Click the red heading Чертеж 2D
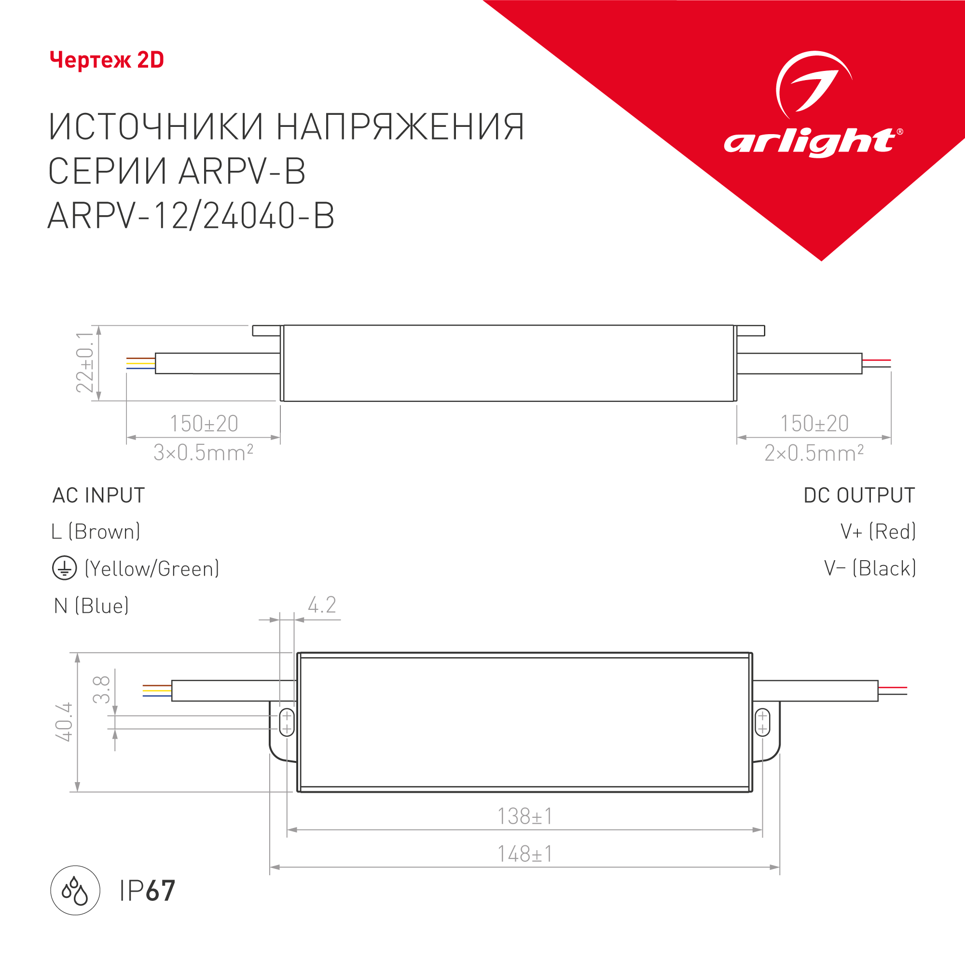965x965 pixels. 107,60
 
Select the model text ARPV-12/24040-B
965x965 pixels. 191,216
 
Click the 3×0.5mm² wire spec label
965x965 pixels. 203,453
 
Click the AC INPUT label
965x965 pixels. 99,496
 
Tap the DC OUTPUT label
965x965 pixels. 859,496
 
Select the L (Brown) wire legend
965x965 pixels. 96,531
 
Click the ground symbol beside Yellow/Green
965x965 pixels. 65,568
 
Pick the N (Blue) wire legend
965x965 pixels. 91,606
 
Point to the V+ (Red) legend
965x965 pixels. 878,531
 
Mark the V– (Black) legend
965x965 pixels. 869,568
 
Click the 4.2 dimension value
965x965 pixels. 322,605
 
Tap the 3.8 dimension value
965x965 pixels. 101,689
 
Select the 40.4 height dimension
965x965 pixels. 64,722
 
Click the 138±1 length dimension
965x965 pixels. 525,817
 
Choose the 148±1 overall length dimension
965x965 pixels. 525,854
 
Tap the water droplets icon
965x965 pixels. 75,891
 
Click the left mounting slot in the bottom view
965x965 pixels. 287,722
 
